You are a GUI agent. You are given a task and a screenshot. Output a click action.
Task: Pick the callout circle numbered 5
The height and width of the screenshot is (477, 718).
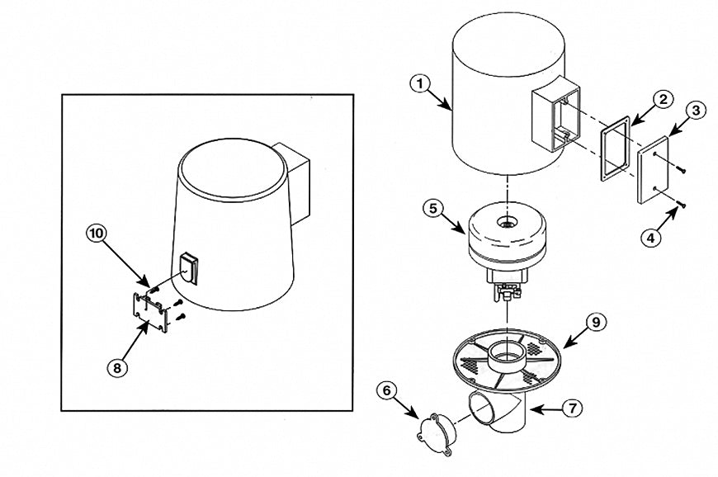(436, 208)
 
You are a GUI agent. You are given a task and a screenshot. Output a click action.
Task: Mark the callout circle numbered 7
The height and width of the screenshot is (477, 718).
(574, 407)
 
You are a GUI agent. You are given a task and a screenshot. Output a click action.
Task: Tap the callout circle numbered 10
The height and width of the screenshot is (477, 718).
(97, 233)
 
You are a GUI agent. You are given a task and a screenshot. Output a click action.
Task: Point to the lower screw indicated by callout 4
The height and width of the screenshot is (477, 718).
(678, 204)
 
